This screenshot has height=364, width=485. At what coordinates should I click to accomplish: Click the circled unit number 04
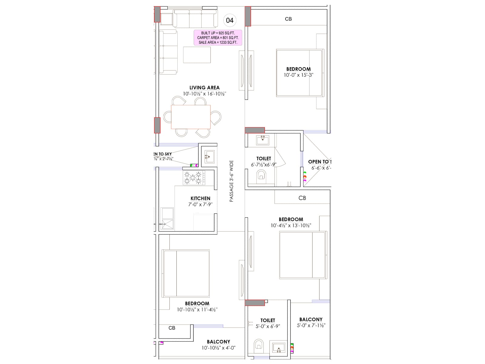230,20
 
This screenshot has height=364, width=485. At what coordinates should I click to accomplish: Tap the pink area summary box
218,38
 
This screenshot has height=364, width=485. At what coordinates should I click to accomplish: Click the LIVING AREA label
204,88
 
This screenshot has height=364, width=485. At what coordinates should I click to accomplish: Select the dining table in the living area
191,117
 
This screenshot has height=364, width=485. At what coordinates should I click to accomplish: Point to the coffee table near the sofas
197,55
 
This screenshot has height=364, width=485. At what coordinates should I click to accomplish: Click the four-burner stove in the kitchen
193,178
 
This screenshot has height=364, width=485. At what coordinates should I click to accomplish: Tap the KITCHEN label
200,198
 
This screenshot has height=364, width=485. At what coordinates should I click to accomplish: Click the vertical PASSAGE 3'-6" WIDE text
231,181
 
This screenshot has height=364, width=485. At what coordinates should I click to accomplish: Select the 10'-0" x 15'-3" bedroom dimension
299,75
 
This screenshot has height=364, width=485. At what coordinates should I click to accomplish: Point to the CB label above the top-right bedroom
288,19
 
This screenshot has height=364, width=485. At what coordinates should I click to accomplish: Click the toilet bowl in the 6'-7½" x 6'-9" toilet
261,176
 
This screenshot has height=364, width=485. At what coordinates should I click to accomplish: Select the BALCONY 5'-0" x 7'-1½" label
311,322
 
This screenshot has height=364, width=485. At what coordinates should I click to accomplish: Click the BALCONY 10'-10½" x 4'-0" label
219,345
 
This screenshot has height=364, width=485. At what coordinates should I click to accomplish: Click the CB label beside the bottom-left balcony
172,328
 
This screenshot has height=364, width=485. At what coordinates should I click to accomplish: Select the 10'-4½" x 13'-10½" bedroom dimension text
291,225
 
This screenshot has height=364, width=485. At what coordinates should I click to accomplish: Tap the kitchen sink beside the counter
167,218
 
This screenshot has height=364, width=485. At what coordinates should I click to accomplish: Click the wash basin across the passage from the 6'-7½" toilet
209,157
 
